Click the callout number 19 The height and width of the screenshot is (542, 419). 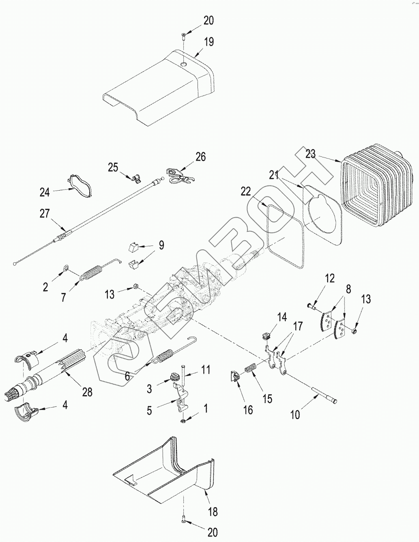[x=209, y=42]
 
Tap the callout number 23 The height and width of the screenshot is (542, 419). [x=311, y=154]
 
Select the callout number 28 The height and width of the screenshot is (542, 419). [x=87, y=392]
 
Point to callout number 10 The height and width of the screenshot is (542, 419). [x=296, y=415]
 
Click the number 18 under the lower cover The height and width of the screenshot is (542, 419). [x=213, y=512]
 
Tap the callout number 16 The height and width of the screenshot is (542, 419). [x=248, y=410]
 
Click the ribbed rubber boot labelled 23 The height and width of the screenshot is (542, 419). [x=375, y=187]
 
